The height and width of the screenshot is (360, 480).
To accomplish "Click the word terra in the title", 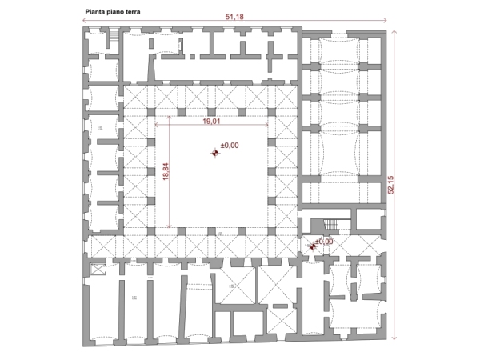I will [x=130, y=13].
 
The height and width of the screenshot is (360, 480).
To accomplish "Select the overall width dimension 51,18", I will [x=235, y=16].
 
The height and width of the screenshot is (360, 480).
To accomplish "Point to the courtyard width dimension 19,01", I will [x=211, y=122].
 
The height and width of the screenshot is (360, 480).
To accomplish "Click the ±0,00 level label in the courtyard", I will [x=230, y=146].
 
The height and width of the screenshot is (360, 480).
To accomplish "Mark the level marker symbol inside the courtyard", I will [x=214, y=152].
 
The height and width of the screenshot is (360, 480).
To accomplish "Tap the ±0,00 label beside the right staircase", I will [x=324, y=241].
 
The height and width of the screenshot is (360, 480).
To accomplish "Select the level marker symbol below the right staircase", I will [x=312, y=246].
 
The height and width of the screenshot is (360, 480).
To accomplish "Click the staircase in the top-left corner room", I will [x=112, y=38].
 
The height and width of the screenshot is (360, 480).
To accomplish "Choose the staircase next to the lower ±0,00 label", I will [x=328, y=226].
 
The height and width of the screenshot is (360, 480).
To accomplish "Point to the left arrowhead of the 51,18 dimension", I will [x=85, y=20].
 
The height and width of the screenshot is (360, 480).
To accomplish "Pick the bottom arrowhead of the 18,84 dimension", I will [x=169, y=227].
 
